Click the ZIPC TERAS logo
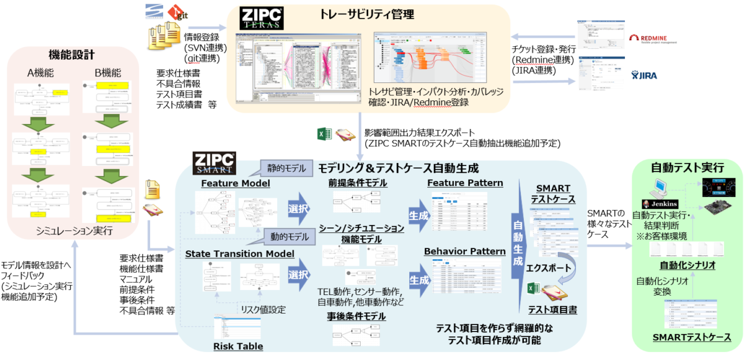[262, 19]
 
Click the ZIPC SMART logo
[214, 162]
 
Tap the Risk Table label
[238, 346]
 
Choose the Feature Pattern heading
[465, 183]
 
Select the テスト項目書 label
[552, 309]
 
